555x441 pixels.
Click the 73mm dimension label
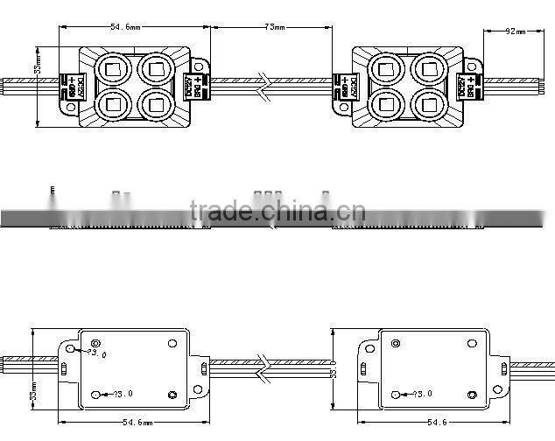coord(275,28)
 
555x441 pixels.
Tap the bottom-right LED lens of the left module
coord(156,104)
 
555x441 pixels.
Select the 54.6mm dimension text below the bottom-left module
coord(132,421)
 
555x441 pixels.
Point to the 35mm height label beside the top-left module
coord(38,67)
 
